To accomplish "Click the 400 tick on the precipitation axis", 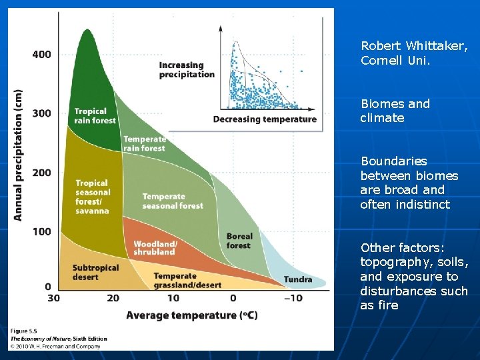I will click(42, 54).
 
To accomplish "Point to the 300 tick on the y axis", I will click(42, 113).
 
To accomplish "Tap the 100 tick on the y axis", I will click(42, 231).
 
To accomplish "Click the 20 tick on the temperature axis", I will click(113, 298).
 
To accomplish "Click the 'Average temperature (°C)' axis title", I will click(191, 315).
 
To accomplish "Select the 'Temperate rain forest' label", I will click(144, 143).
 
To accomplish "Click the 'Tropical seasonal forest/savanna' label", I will click(92, 197).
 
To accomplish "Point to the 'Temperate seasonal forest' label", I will click(172, 201).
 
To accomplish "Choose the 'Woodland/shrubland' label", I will click(154, 248).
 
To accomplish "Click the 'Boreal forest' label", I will click(239, 241).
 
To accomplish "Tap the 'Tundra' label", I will click(298, 279).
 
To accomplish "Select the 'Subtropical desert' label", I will click(95, 272).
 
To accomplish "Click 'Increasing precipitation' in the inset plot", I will click(187, 70).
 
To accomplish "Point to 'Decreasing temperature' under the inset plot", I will click(265, 119).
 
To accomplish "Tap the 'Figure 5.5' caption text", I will click(24, 331).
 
